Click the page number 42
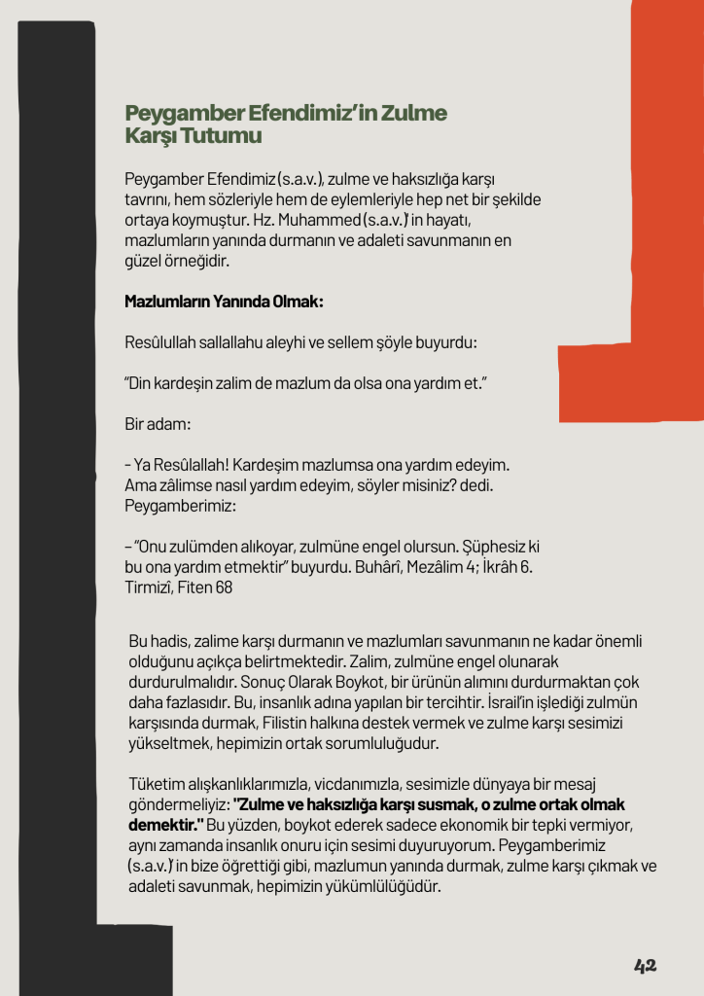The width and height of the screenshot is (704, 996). [646, 965]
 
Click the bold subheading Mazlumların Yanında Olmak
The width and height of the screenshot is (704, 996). [224, 302]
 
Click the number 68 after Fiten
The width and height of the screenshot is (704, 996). [224, 587]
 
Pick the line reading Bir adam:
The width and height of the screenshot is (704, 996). [158, 426]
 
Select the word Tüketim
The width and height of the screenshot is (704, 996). [157, 784]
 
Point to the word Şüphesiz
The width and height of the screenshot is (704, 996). [486, 546]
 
